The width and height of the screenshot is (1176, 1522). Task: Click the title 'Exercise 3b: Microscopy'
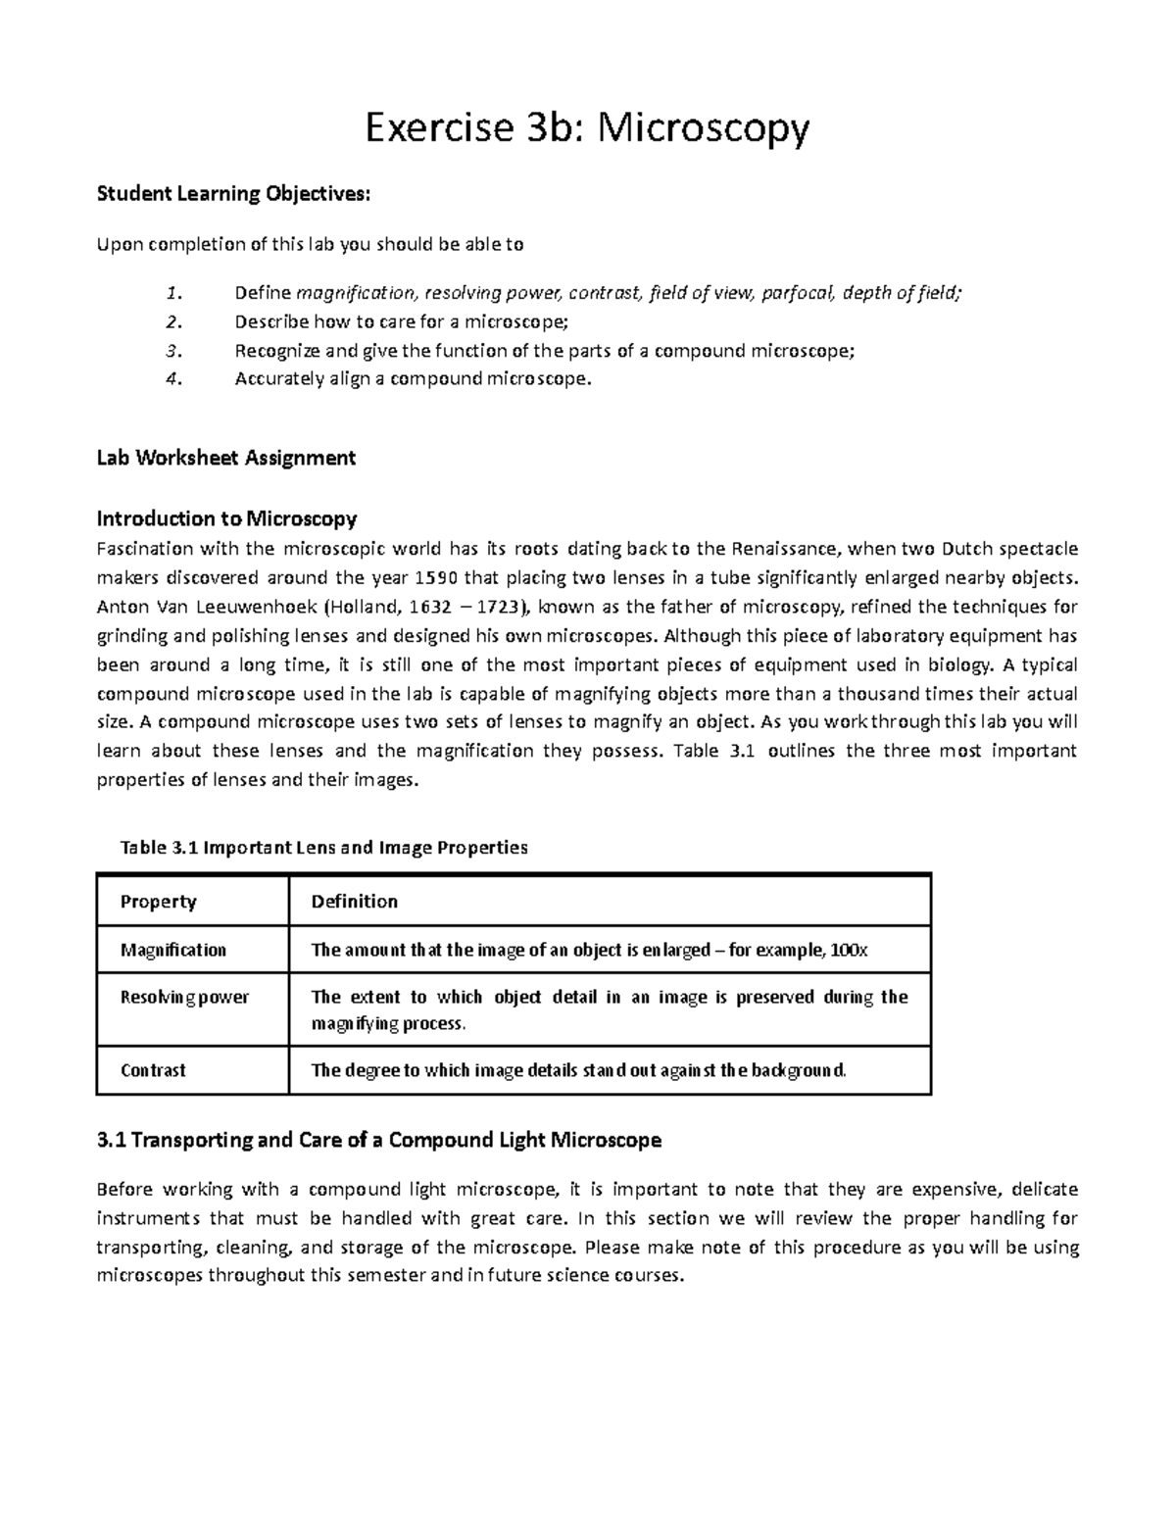click(x=587, y=128)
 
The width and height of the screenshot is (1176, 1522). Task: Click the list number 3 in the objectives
click(x=173, y=351)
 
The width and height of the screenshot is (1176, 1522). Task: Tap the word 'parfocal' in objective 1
click(x=795, y=292)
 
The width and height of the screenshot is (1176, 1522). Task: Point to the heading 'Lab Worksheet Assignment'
click(x=225, y=458)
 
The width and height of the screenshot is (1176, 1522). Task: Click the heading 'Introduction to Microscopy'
click(x=225, y=517)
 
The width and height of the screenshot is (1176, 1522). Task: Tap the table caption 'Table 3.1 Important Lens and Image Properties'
click(x=323, y=847)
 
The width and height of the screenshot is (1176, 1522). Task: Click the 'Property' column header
click(x=158, y=902)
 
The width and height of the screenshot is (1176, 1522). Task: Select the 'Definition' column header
click(x=354, y=902)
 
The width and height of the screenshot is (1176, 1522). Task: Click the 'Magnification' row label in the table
click(x=172, y=950)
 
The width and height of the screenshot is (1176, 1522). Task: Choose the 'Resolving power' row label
click(x=184, y=998)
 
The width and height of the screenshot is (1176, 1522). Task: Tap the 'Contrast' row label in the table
click(x=152, y=1070)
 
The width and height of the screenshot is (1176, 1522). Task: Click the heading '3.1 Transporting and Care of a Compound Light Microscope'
click(x=379, y=1140)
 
